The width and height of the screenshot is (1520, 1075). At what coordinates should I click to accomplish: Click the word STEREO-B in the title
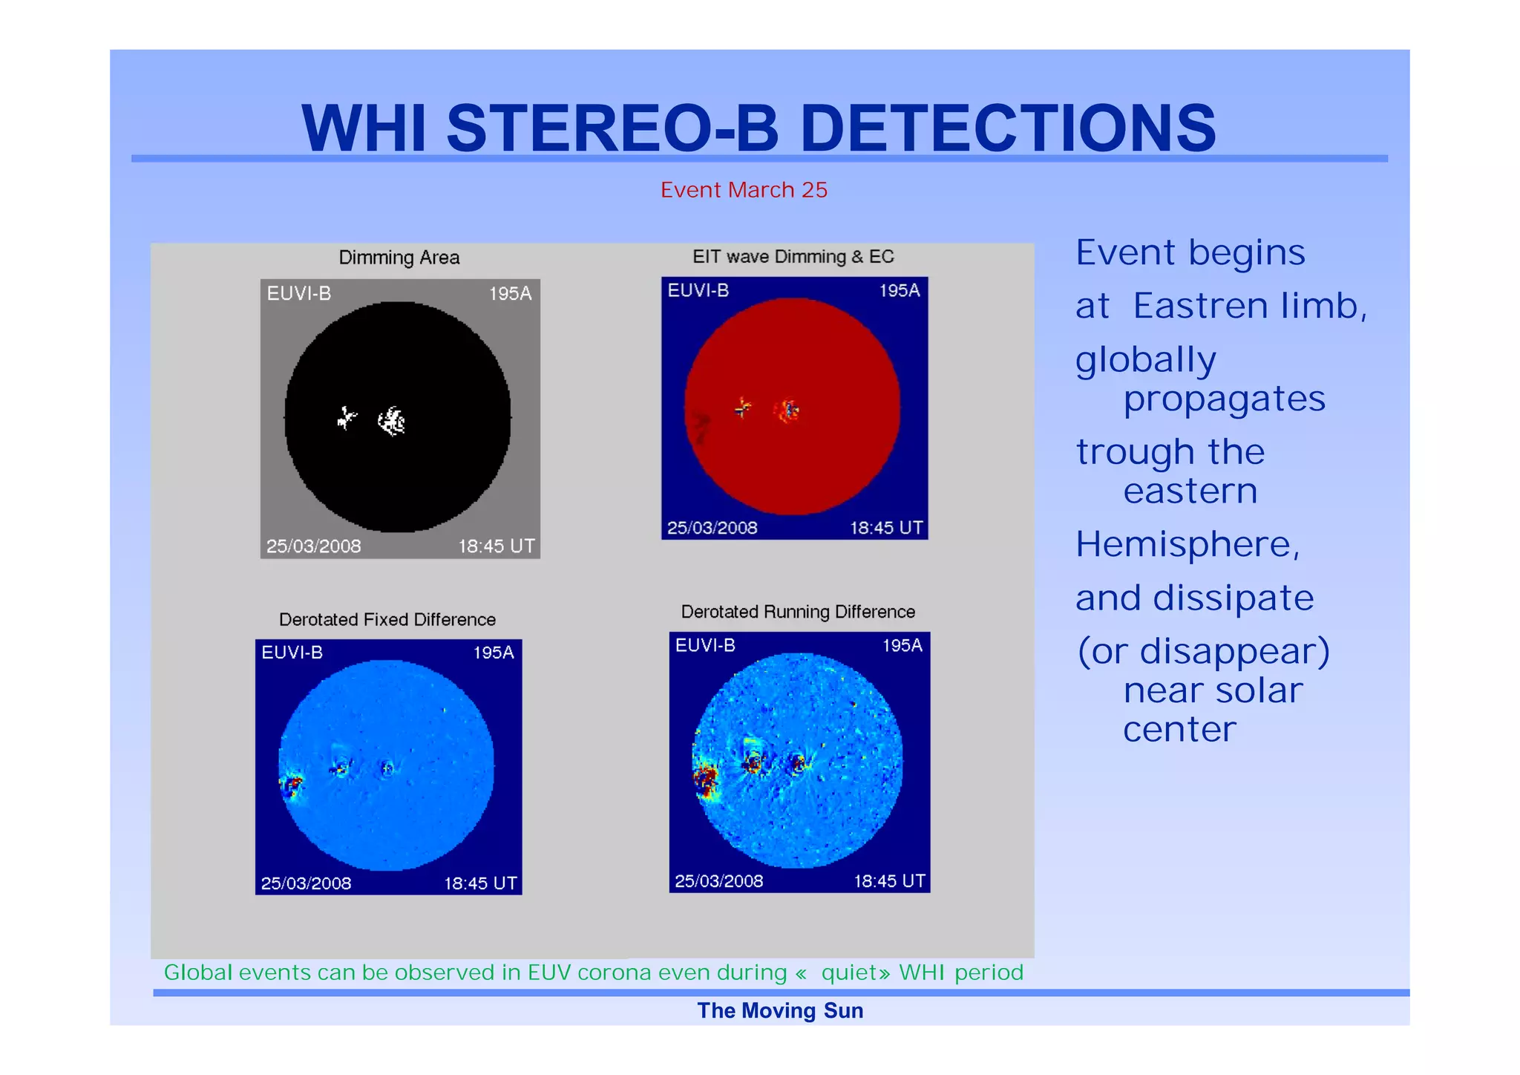click(612, 128)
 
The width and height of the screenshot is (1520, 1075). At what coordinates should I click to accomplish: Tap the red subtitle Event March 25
click(744, 190)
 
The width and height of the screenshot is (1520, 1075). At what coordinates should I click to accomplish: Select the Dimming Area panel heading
click(399, 258)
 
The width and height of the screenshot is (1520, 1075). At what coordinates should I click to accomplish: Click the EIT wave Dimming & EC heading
click(793, 257)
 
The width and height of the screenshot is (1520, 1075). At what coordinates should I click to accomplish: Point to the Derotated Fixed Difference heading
click(387, 619)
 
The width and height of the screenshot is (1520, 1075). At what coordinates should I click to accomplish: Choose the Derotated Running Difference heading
click(798, 612)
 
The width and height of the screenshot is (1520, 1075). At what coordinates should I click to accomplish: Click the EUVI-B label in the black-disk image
click(298, 294)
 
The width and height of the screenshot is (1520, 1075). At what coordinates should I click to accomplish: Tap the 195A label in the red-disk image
click(899, 291)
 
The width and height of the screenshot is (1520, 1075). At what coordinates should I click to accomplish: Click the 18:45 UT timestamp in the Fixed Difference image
click(480, 883)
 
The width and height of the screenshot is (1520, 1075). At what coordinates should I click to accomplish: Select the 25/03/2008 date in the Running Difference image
click(718, 881)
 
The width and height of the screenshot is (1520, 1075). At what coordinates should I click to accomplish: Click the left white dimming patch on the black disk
click(346, 418)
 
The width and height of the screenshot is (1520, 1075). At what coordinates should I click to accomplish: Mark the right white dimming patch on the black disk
click(392, 422)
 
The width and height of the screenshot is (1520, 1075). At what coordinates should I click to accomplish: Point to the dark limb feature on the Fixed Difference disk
click(292, 785)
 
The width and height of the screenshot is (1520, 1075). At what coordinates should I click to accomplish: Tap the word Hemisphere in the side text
click(1186, 544)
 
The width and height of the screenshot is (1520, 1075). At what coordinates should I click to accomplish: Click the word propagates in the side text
click(1224, 399)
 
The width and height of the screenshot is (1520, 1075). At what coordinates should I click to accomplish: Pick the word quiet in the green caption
click(851, 973)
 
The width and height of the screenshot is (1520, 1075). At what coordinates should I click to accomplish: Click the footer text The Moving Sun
click(780, 1011)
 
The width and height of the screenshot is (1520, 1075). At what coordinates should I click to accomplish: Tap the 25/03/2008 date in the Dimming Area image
click(313, 546)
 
